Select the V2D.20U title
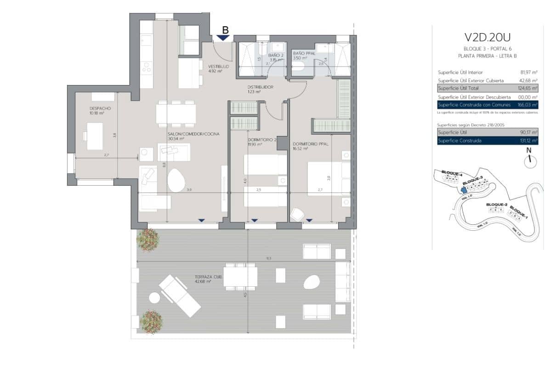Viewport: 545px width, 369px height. tap(488, 37)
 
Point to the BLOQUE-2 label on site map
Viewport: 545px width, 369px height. tap(496, 204)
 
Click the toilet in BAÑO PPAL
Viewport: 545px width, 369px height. tap(299, 67)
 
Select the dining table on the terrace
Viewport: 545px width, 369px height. tap(240, 277)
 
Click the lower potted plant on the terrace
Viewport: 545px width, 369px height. tap(151, 321)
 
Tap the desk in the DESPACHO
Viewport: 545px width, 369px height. tap(95, 136)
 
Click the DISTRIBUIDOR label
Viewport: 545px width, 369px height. tap(261, 87)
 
